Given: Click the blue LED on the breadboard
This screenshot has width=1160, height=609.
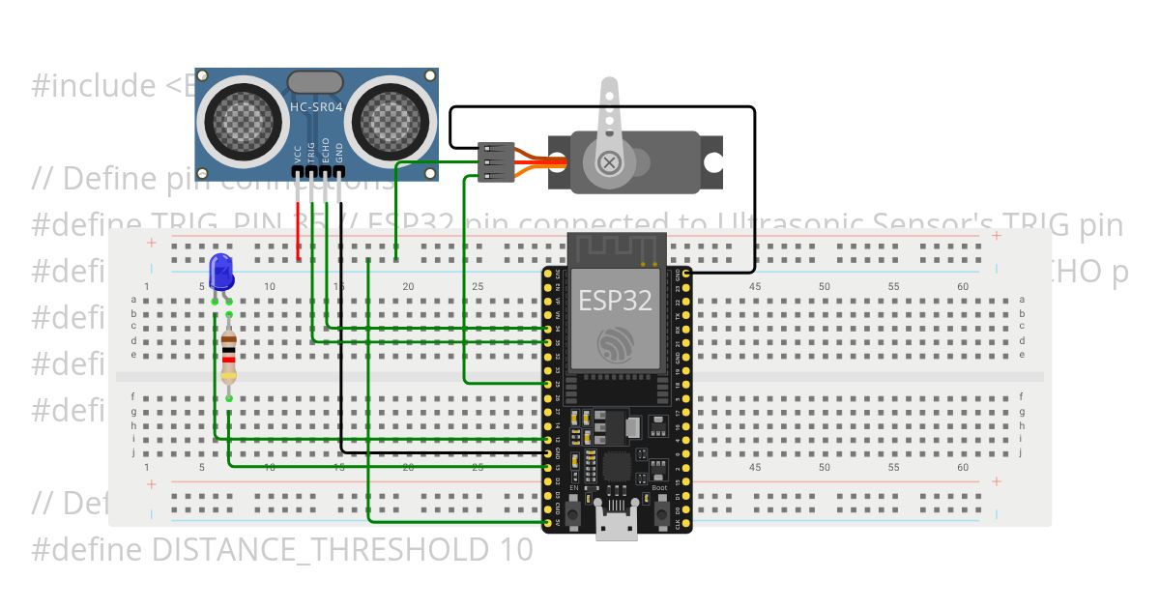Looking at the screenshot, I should pyautogui.click(x=221, y=272).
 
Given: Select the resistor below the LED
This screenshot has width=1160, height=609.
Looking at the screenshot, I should pyautogui.click(x=228, y=359).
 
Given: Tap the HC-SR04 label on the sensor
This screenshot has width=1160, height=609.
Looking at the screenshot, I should pyautogui.click(x=316, y=105).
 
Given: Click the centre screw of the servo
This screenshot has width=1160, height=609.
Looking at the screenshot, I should pyautogui.click(x=608, y=160).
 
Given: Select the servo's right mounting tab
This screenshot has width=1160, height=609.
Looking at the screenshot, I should pyautogui.click(x=712, y=161).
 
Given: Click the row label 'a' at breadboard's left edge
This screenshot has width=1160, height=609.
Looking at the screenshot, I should pyautogui.click(x=132, y=300).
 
